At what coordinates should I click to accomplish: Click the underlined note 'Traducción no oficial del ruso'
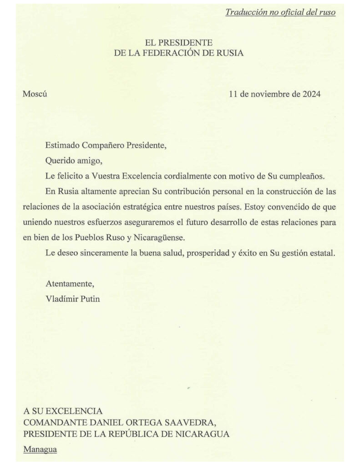coord(280,12)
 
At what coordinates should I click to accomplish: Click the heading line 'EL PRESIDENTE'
coord(179,43)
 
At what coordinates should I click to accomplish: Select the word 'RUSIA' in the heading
coord(230,53)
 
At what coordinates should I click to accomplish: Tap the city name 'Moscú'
coord(35,95)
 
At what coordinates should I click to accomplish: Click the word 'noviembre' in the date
coord(269,95)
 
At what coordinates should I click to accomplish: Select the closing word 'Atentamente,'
coord(70,284)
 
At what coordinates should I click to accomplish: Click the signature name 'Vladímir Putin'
coord(73,299)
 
